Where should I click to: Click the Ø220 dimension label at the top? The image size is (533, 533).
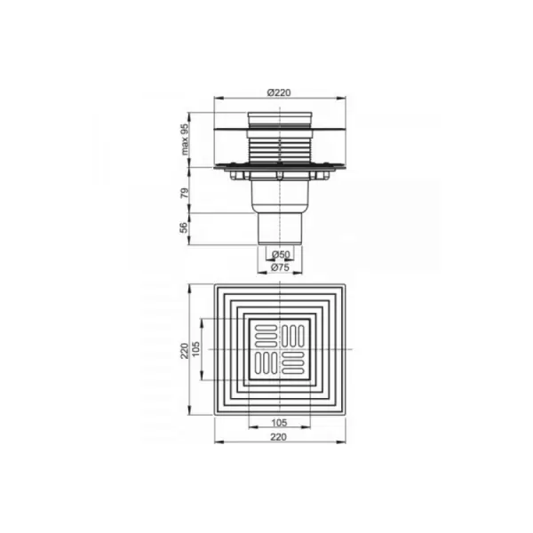click(x=279, y=92)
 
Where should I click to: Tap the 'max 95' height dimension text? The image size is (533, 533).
click(x=185, y=139)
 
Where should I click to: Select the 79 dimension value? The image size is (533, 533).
click(x=184, y=193)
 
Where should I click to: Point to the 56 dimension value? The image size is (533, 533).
click(x=184, y=227)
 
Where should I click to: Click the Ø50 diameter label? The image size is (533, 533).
click(x=281, y=254)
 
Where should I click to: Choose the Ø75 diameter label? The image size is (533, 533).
click(x=280, y=267)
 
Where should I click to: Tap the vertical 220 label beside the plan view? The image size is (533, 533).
click(x=185, y=351)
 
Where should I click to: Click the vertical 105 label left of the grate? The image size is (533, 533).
click(x=196, y=349)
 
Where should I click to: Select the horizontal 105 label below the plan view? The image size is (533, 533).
click(x=280, y=423)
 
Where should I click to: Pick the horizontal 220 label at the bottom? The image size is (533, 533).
click(x=279, y=437)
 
